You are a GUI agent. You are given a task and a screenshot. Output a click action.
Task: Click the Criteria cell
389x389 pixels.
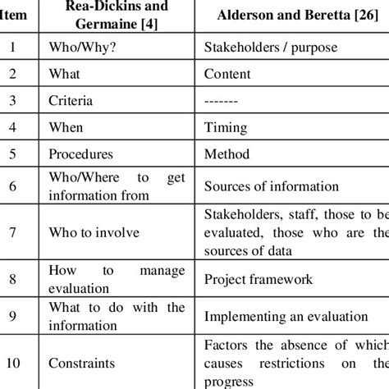(x=71, y=101)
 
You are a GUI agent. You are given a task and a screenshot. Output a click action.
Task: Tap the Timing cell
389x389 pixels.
(x=223, y=128)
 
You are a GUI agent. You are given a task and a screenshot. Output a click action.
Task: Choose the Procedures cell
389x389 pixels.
(x=80, y=154)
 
